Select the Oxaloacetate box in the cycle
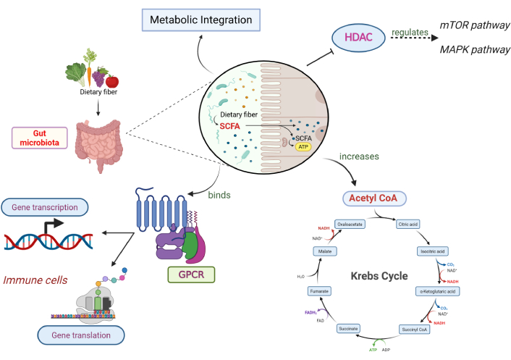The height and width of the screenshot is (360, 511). point(348,224)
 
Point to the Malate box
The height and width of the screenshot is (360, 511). point(324,251)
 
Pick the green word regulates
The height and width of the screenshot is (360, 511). point(410,33)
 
